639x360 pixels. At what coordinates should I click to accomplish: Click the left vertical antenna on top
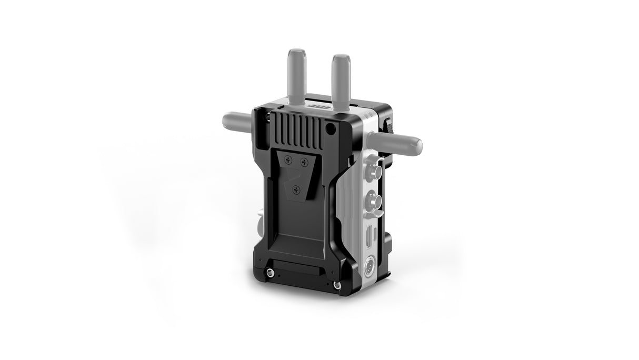point(294,73)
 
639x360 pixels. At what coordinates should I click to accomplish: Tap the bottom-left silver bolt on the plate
point(270,272)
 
